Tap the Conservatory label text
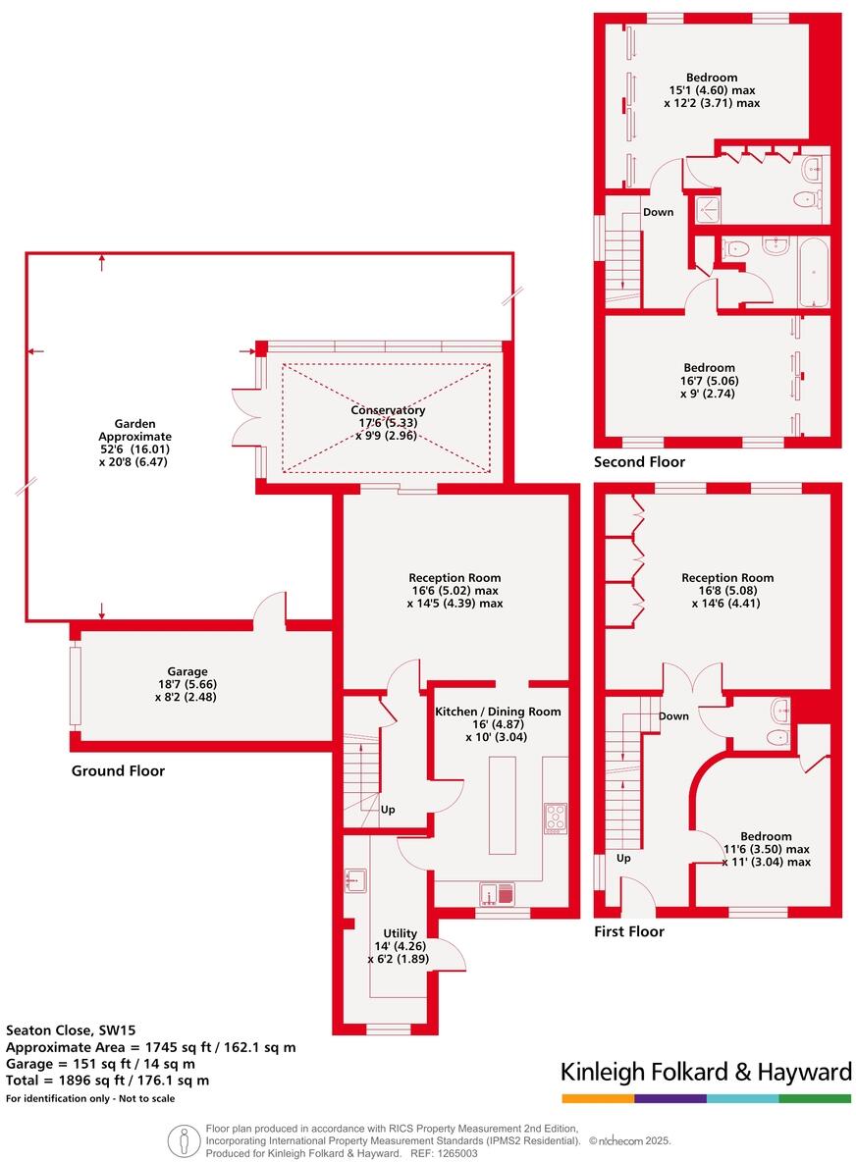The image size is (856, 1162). click(x=390, y=410)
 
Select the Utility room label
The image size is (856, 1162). click(x=401, y=933)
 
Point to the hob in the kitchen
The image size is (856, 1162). click(x=556, y=818)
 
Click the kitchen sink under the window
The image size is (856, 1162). click(x=498, y=893)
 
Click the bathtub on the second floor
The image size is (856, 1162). click(x=812, y=271)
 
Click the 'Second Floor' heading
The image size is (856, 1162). click(x=639, y=461)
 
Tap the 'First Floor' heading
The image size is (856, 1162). click(x=629, y=931)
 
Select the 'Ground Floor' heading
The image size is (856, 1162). click(x=118, y=771)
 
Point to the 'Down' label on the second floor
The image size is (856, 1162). click(x=658, y=212)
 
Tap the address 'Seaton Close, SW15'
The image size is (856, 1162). click(x=65, y=1030)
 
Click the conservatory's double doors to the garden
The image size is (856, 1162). click(x=242, y=417)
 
